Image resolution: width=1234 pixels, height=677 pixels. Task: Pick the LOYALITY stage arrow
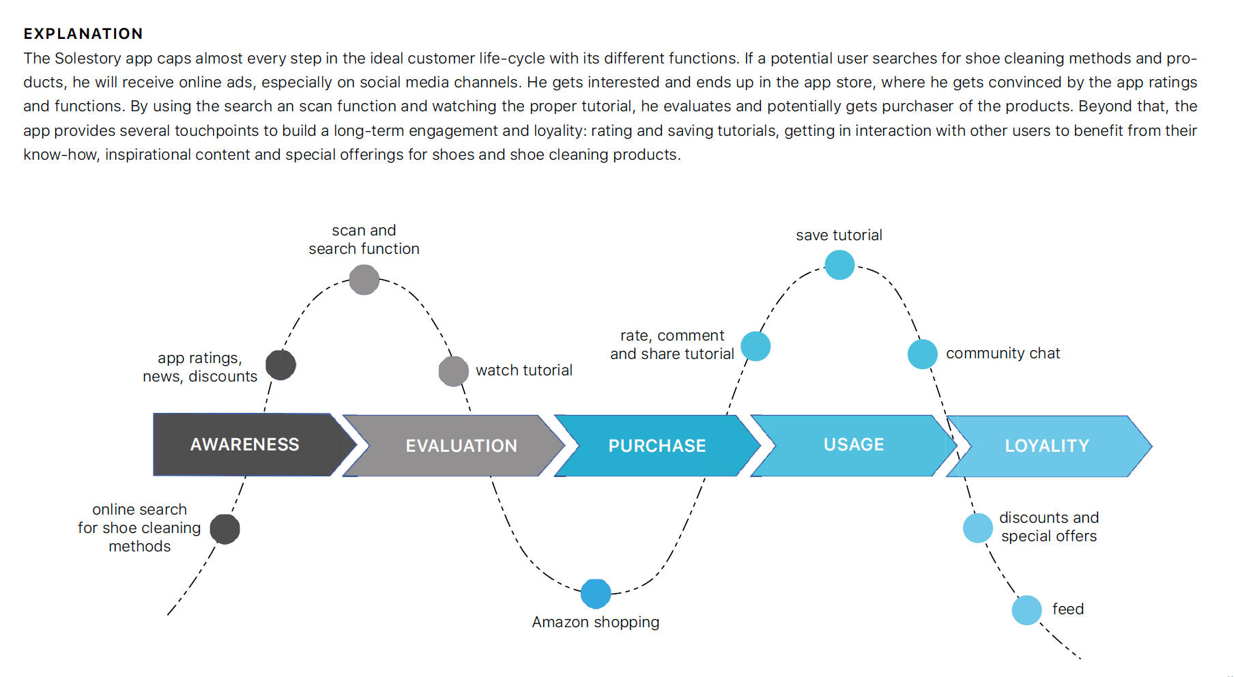(1048, 446)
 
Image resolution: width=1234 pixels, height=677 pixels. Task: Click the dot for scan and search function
(364, 280)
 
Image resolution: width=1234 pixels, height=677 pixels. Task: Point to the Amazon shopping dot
(596, 594)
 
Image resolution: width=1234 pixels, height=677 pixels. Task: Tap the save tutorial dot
(840, 265)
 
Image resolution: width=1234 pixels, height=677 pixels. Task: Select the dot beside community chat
(923, 354)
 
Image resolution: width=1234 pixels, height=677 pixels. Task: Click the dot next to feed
(1027, 610)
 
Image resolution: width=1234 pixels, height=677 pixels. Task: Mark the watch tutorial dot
(453, 371)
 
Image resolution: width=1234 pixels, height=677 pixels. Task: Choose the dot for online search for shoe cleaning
(225, 529)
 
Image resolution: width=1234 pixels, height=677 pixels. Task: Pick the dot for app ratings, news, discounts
(281, 364)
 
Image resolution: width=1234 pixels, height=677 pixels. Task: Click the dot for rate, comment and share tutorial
(756, 346)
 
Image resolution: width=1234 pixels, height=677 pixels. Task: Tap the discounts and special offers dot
(978, 528)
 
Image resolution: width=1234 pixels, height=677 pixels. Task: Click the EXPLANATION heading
(83, 33)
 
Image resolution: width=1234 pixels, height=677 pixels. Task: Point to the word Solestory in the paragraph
(88, 59)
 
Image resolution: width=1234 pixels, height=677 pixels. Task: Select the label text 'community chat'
(1003, 354)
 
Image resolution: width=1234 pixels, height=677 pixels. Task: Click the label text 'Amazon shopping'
(596, 622)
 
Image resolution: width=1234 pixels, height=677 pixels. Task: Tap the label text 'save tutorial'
(839, 235)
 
